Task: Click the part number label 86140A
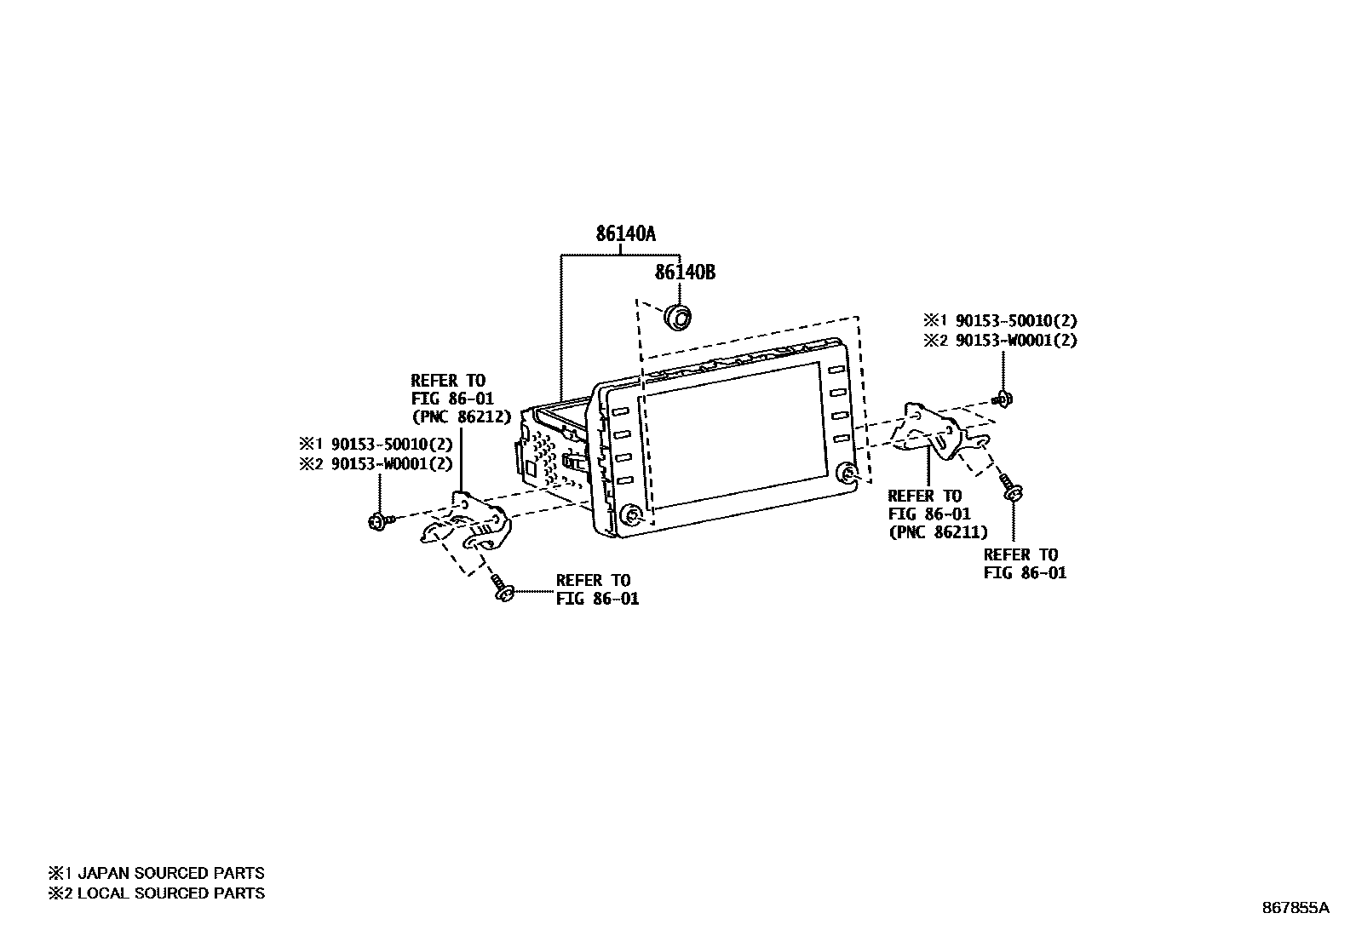[x=624, y=233]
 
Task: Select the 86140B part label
[x=684, y=273]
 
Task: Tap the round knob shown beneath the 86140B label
[x=677, y=317]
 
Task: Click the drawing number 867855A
[x=1295, y=908]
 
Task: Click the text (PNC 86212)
[x=461, y=417]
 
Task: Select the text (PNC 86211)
[x=938, y=532]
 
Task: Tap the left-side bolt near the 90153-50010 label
[x=377, y=520]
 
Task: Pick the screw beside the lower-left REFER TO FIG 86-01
[x=501, y=589]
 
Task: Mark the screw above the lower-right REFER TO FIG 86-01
[x=1013, y=490]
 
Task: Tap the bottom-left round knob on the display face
[x=631, y=514]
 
